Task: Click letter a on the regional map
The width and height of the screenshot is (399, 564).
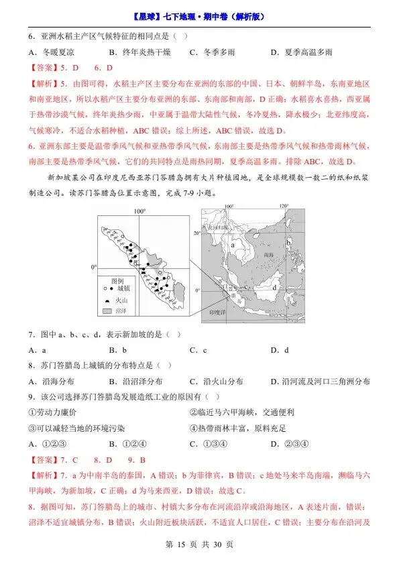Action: point(233,246)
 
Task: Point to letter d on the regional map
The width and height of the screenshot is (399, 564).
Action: point(276,288)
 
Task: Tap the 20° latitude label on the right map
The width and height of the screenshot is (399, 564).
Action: point(198,233)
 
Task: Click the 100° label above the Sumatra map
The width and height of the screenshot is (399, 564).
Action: point(139,211)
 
